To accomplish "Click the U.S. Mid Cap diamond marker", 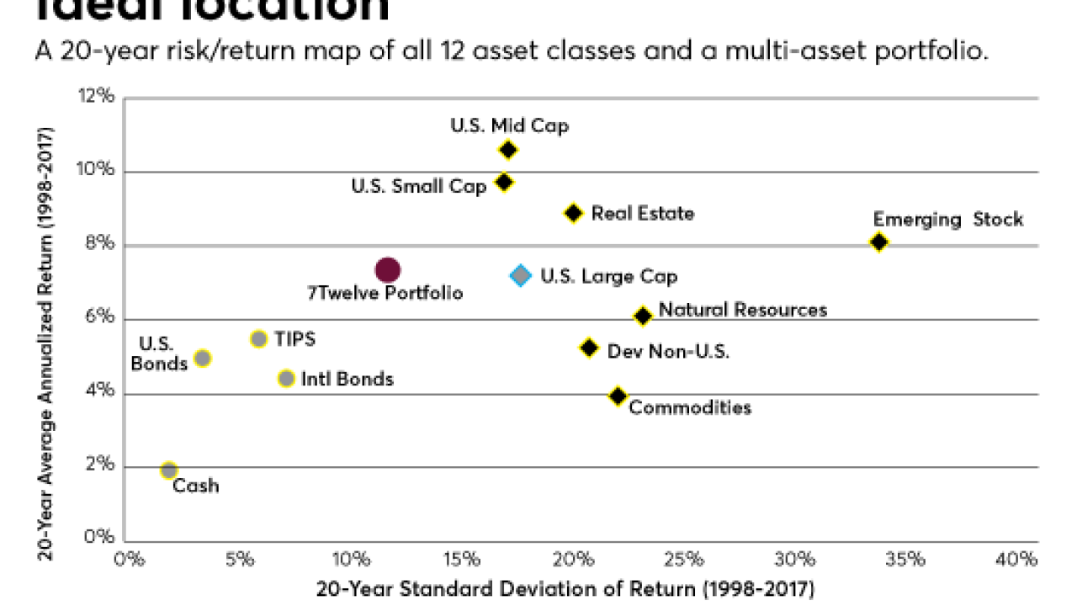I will coord(507,150).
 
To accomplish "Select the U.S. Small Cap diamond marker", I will coord(504,182).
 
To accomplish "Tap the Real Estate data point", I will coord(573,213).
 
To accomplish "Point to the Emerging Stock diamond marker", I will coord(879,242).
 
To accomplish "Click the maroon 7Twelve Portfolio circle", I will coord(387,270).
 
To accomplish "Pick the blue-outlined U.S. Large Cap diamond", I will coord(521,275).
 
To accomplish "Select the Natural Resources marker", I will coord(643,316).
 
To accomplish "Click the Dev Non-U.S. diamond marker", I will coord(589,348).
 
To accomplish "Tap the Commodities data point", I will coord(618,396).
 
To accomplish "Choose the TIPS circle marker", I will coord(259,339).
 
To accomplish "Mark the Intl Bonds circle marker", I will coord(286,379).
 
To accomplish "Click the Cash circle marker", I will coord(169,470).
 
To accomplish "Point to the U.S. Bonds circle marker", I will coord(202,358).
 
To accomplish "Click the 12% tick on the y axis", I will coord(98,97).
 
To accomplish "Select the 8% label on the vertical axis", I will coord(98,245).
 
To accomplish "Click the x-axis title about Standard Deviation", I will coord(565,588).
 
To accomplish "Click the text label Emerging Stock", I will coord(948,220).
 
